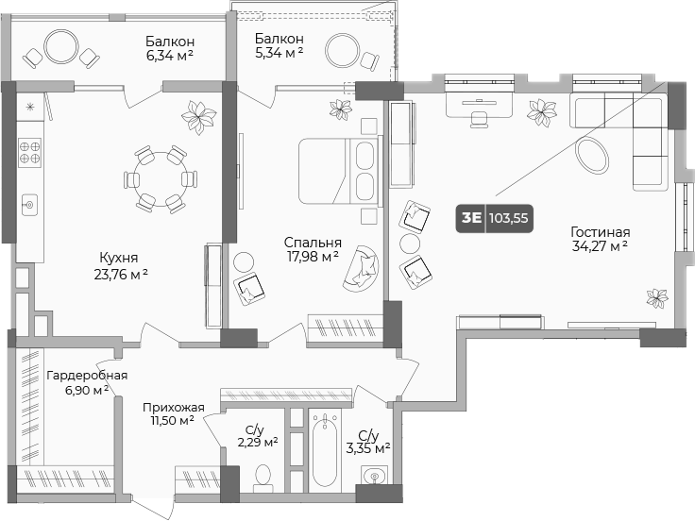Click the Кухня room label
pos(119,256)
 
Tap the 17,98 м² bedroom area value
pos(313,255)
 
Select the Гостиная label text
pos(600,231)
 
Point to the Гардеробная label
pos(79,375)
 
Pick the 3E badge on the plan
pos(469,217)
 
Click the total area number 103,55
pos(508,217)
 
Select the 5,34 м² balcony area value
pos(278,52)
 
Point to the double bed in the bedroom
pos(338,170)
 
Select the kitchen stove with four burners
pos(29,152)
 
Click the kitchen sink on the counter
pos(29,203)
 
